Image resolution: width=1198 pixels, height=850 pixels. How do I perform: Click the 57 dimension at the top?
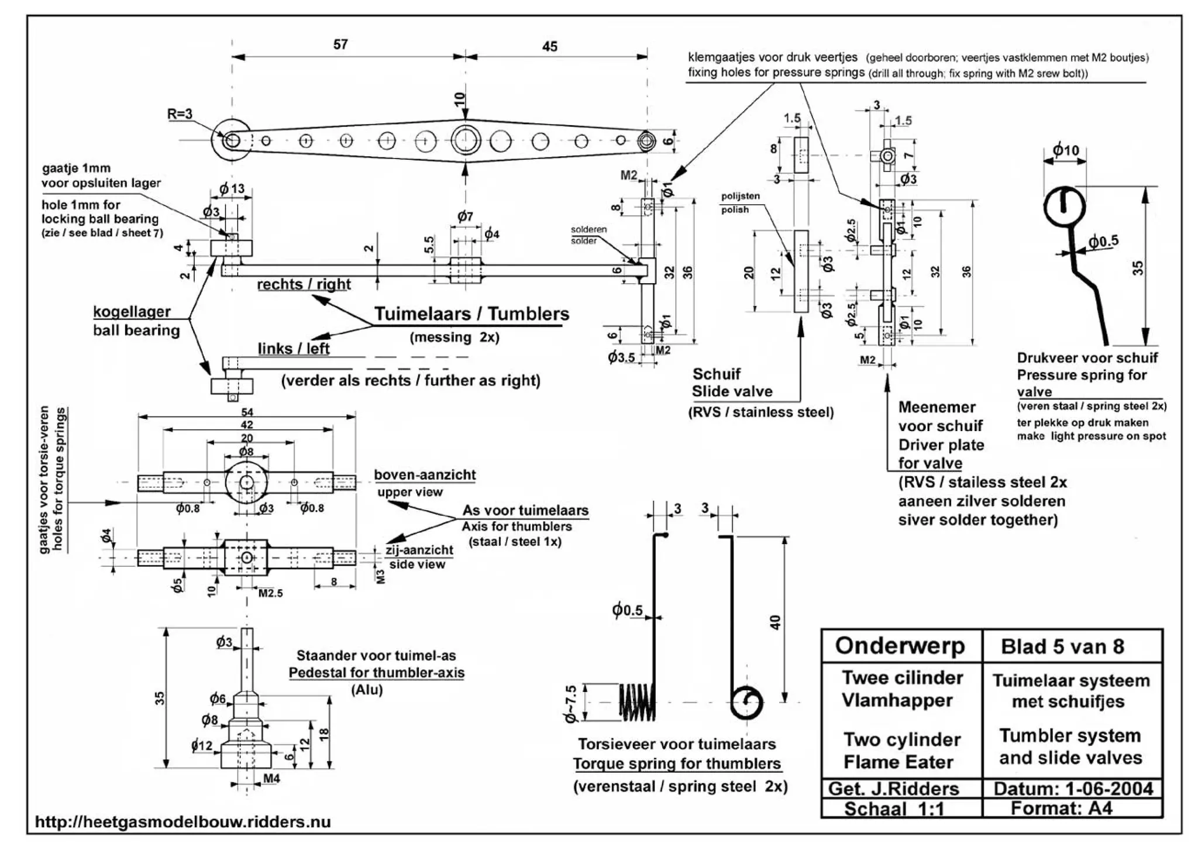[340, 44]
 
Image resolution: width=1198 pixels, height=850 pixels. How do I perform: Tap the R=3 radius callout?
[180, 113]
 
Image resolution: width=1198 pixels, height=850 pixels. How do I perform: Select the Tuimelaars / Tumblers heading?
[471, 314]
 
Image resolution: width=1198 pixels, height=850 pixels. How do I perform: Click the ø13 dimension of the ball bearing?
[232, 189]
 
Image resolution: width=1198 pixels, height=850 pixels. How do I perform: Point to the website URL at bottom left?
[183, 822]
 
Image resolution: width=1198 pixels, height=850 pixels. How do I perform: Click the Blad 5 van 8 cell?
[1062, 646]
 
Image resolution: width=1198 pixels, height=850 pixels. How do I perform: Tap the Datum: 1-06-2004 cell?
[1073, 789]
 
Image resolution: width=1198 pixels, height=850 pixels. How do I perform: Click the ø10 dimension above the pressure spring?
[1065, 150]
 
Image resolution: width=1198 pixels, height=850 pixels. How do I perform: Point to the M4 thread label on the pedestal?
[271, 779]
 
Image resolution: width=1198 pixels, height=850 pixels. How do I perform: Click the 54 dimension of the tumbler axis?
[247, 412]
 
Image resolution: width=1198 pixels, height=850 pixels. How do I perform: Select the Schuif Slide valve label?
[732, 383]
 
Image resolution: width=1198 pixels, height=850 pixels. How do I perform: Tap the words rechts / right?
[304, 284]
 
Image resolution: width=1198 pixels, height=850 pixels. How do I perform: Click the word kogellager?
[132, 312]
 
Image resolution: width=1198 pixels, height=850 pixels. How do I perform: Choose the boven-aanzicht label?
[425, 475]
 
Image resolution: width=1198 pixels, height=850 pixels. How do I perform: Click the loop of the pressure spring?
[1065, 207]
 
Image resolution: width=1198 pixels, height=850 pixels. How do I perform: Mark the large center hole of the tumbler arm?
[466, 140]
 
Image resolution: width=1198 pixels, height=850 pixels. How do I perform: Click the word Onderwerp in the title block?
[900, 646]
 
